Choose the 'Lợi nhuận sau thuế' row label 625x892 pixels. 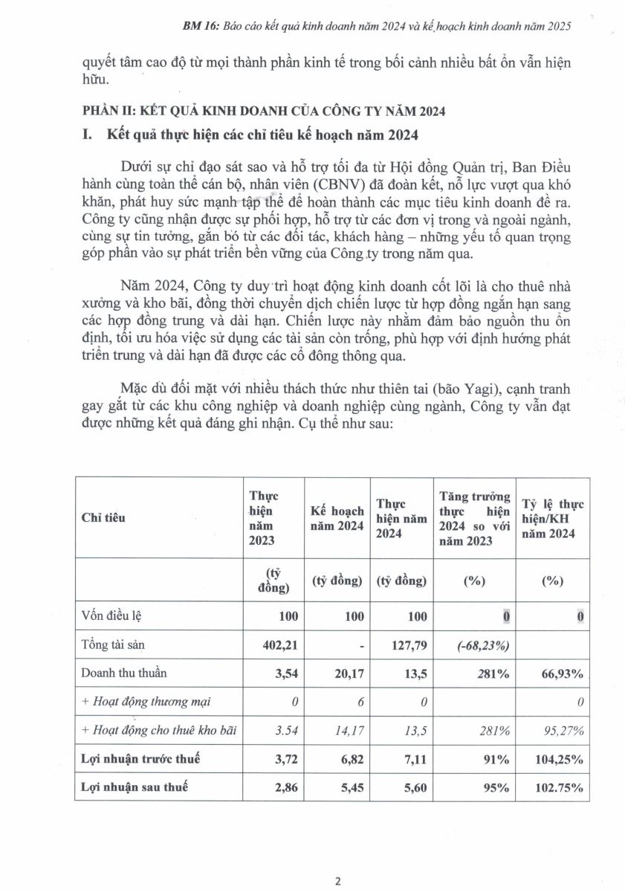click(x=134, y=787)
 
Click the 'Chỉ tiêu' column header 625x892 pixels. click(x=103, y=517)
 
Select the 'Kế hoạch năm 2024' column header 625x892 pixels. click(x=337, y=518)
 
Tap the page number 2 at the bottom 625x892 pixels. click(x=337, y=882)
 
